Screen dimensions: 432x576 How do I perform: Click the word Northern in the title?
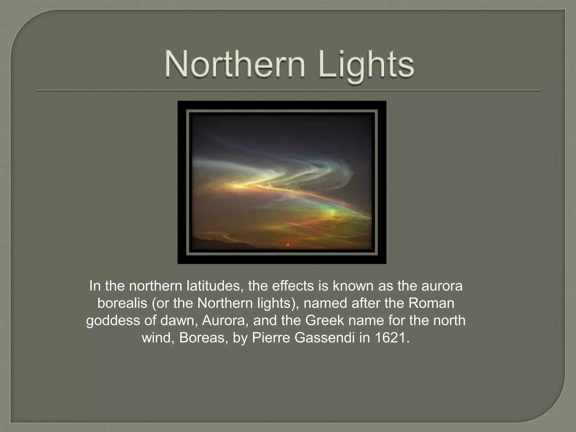pyautogui.click(x=235, y=65)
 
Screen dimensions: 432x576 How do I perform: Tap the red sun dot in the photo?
pyautogui.click(x=288, y=245)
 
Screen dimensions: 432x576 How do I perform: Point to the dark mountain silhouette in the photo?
pyautogui.click(x=214, y=242)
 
